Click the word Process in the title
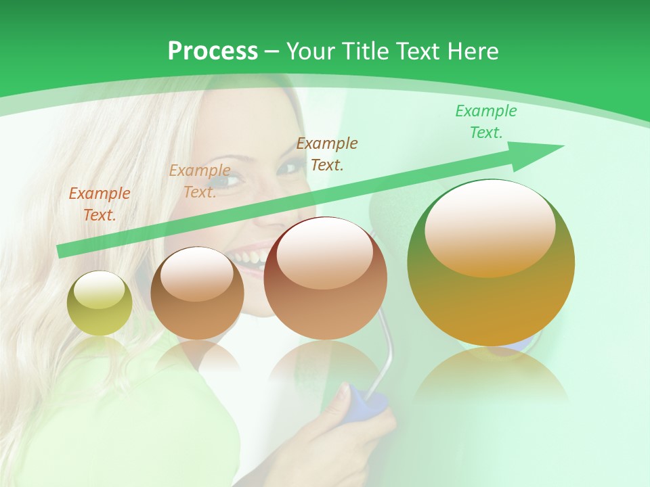tap(213, 51)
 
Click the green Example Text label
tap(486, 122)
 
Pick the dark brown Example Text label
tap(327, 154)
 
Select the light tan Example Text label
tap(200, 181)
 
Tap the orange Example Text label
tap(100, 204)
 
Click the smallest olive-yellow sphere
tap(100, 303)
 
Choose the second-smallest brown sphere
tap(197, 294)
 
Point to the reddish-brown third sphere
tap(326, 279)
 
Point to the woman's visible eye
tap(234, 181)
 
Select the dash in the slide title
tap(272, 51)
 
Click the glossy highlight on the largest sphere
tap(490, 227)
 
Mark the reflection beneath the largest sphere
tap(491, 375)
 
